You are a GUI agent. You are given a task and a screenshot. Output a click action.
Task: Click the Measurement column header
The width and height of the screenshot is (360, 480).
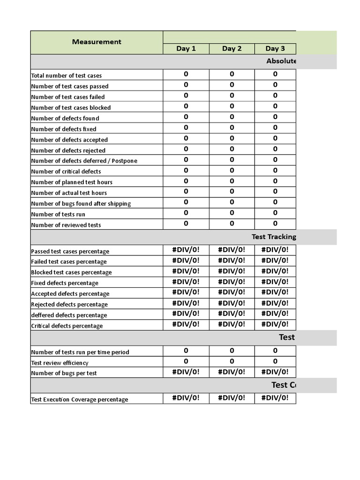click(x=97, y=42)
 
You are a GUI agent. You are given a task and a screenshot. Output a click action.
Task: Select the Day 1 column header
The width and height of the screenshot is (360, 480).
click(x=186, y=49)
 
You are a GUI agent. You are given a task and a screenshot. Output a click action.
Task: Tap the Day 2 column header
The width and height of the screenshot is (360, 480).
click(x=232, y=49)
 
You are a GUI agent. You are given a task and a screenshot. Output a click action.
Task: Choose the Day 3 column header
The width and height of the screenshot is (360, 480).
click(x=275, y=49)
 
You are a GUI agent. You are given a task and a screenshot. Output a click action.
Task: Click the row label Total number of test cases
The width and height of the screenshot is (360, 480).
click(x=66, y=75)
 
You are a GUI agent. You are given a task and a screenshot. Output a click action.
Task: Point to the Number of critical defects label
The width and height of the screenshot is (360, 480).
click(x=66, y=172)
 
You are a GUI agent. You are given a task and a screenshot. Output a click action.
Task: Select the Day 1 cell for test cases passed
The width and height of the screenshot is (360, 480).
click(x=186, y=85)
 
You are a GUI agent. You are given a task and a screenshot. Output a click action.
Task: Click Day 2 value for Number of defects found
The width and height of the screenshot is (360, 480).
click(x=232, y=117)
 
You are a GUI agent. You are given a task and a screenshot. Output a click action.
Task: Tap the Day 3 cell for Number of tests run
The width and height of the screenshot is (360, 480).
click(x=275, y=213)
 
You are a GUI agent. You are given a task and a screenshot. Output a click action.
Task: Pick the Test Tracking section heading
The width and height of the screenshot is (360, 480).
click(x=274, y=237)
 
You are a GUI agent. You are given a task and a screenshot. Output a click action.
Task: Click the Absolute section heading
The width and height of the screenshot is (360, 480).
click(x=281, y=61)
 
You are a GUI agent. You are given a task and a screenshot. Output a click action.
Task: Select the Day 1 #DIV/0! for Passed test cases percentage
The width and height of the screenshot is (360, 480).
click(x=186, y=250)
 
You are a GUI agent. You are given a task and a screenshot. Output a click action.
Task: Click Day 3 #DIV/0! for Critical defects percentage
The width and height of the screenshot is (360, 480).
click(x=275, y=324)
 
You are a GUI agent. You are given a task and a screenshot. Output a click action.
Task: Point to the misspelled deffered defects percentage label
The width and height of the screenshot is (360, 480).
click(x=69, y=315)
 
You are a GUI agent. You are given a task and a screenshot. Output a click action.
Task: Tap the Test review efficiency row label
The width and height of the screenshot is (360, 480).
click(x=60, y=363)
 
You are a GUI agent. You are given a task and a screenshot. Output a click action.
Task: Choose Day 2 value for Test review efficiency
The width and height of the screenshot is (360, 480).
click(x=232, y=361)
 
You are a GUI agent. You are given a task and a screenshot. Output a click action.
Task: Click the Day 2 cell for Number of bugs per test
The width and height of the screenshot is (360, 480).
click(x=232, y=372)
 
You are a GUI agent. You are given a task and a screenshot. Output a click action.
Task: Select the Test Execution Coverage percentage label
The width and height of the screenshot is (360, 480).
click(x=79, y=400)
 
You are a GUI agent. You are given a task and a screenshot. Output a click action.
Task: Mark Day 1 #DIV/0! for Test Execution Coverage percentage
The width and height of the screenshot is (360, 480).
click(x=186, y=398)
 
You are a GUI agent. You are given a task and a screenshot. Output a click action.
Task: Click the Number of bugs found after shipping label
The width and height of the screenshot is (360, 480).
click(x=81, y=204)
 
